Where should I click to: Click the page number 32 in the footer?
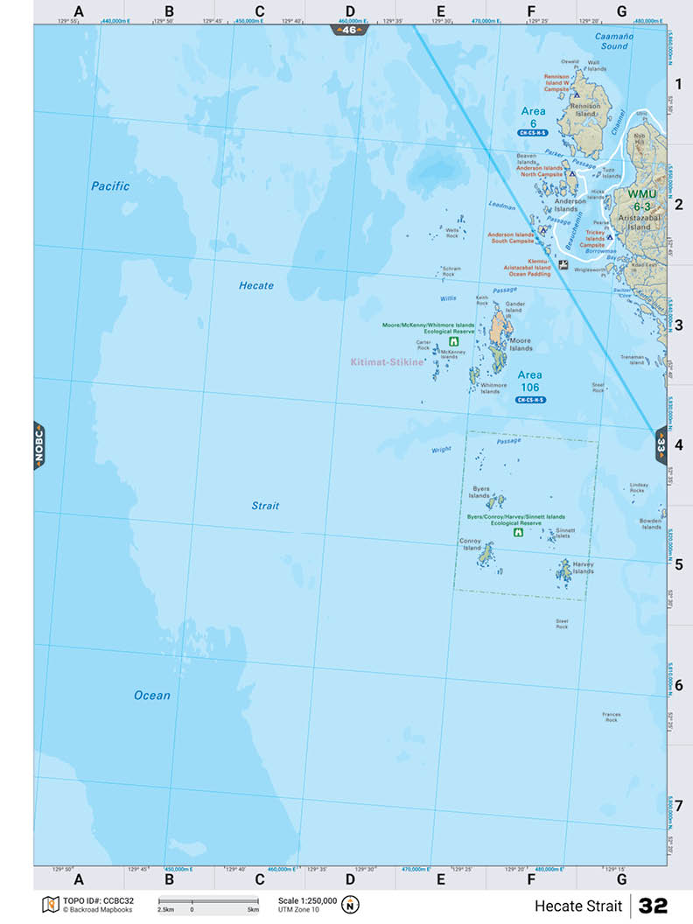[x=653, y=906]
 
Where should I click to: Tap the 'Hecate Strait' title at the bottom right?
[x=579, y=906]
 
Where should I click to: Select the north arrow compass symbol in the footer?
[x=351, y=904]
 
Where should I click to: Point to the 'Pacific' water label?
[x=110, y=186]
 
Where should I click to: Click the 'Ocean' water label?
[x=152, y=696]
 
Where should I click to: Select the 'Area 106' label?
[x=530, y=381]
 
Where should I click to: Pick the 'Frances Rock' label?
[x=611, y=717]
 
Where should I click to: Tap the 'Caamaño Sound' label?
[x=612, y=40]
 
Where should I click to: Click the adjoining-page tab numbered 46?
[x=350, y=30]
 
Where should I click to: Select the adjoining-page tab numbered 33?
[x=661, y=444]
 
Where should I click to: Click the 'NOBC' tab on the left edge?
[x=39, y=445]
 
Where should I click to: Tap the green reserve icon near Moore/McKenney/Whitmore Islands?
[x=453, y=342]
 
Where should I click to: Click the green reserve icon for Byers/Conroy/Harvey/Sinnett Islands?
[x=518, y=532]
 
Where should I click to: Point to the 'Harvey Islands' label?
[x=583, y=568]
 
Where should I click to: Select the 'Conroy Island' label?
[x=472, y=544]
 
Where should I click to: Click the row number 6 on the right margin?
[x=678, y=685]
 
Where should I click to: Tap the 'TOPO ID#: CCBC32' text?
[x=99, y=900]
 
